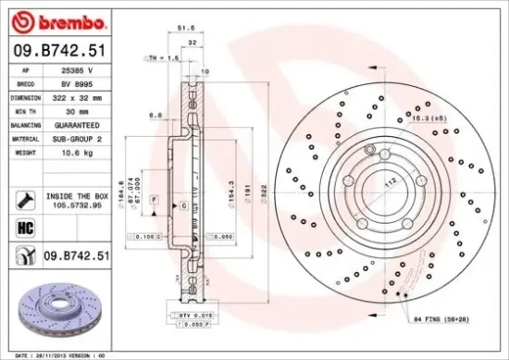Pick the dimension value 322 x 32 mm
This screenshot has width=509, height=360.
point(81,96)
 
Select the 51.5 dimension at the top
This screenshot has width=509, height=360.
point(185,30)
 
